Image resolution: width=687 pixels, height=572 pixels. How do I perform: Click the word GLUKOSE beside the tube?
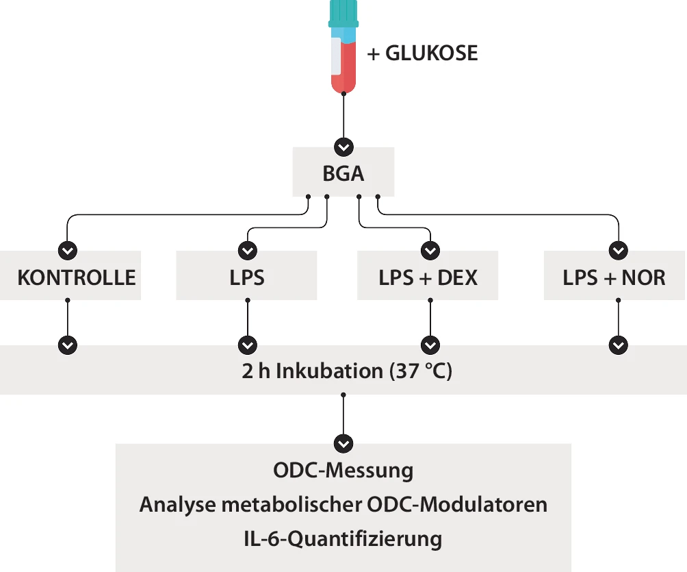pos(431,53)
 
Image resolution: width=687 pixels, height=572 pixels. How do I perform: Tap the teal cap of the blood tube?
pos(343,14)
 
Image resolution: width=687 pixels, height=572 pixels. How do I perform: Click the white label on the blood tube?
pos(336,55)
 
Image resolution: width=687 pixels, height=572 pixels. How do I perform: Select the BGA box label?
pos(343,174)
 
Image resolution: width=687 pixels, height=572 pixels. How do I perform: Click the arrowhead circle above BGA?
pos(343,147)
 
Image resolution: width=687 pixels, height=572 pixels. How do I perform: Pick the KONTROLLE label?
pos(77,277)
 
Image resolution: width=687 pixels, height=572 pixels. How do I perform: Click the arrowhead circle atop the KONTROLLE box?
pos(68,251)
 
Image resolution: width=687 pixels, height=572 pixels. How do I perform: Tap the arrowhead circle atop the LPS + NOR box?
pos(618,251)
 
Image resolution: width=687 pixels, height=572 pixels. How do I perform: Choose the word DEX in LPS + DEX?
pos(457,277)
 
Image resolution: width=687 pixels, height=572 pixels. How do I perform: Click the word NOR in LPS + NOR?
pos(644,277)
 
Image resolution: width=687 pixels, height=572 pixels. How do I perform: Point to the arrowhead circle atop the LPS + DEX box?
pos(430,251)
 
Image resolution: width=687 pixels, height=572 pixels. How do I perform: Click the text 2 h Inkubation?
pos(313,371)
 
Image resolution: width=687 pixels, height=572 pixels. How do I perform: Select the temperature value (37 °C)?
pos(421,371)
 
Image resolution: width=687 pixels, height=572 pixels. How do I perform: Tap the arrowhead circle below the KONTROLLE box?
pos(68,345)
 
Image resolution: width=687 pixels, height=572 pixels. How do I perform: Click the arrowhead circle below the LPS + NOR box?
pos(618,345)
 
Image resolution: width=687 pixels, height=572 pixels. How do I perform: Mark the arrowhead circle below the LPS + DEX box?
pos(430,345)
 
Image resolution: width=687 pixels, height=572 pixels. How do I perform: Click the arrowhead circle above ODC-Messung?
pos(343,443)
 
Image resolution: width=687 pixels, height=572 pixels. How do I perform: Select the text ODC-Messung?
pos(343,471)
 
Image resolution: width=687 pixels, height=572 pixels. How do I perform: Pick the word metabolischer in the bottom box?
pos(291,504)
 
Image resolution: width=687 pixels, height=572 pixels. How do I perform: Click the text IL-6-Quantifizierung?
pos(343,539)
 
